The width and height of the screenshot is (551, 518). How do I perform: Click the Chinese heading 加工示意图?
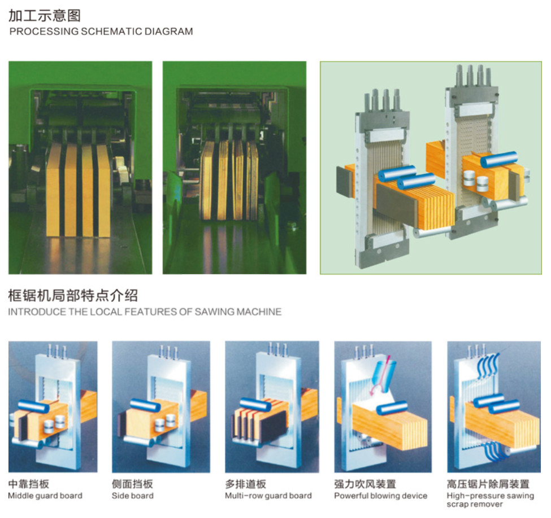point(45,15)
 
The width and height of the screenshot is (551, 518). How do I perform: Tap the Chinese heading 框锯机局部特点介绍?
point(73,296)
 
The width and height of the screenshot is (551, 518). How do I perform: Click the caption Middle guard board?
point(45,495)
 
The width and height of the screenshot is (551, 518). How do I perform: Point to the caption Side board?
point(132,495)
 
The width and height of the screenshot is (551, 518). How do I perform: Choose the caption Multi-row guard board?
point(268,495)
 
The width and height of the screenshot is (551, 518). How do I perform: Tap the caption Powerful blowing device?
point(380,495)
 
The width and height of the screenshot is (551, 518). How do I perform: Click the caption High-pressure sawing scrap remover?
point(490,500)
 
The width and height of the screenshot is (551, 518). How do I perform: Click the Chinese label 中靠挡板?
point(28,484)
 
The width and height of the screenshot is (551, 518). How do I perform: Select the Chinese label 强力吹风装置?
point(365,484)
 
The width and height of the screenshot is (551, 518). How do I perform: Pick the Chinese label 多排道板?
point(246,484)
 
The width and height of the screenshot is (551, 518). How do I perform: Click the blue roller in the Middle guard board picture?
point(33,406)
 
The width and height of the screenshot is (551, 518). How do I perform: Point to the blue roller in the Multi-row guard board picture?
point(255,404)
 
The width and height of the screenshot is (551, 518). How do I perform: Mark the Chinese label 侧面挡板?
point(132,484)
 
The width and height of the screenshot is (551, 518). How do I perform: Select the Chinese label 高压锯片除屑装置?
point(488,484)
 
